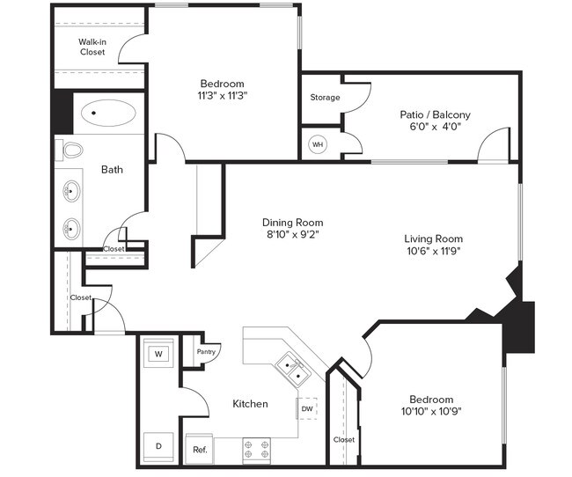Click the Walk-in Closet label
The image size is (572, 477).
[x=92, y=47]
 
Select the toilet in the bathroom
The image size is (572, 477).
[x=70, y=150]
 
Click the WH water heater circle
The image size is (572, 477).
[x=318, y=144]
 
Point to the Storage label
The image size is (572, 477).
[x=324, y=97]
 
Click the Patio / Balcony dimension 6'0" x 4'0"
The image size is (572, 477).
[x=435, y=127]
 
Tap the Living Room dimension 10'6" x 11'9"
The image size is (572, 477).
[x=433, y=251]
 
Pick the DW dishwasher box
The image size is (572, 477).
[x=307, y=408]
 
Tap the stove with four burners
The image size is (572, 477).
[x=256, y=449]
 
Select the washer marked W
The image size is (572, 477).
[x=158, y=354]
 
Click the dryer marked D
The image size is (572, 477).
[x=158, y=446]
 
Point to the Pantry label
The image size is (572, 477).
[x=206, y=352]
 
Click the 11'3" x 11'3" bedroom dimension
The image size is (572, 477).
[x=223, y=96]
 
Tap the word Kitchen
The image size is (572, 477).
[x=250, y=404]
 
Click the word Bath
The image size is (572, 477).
[x=112, y=170]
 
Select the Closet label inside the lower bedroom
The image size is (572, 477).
[x=343, y=439]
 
